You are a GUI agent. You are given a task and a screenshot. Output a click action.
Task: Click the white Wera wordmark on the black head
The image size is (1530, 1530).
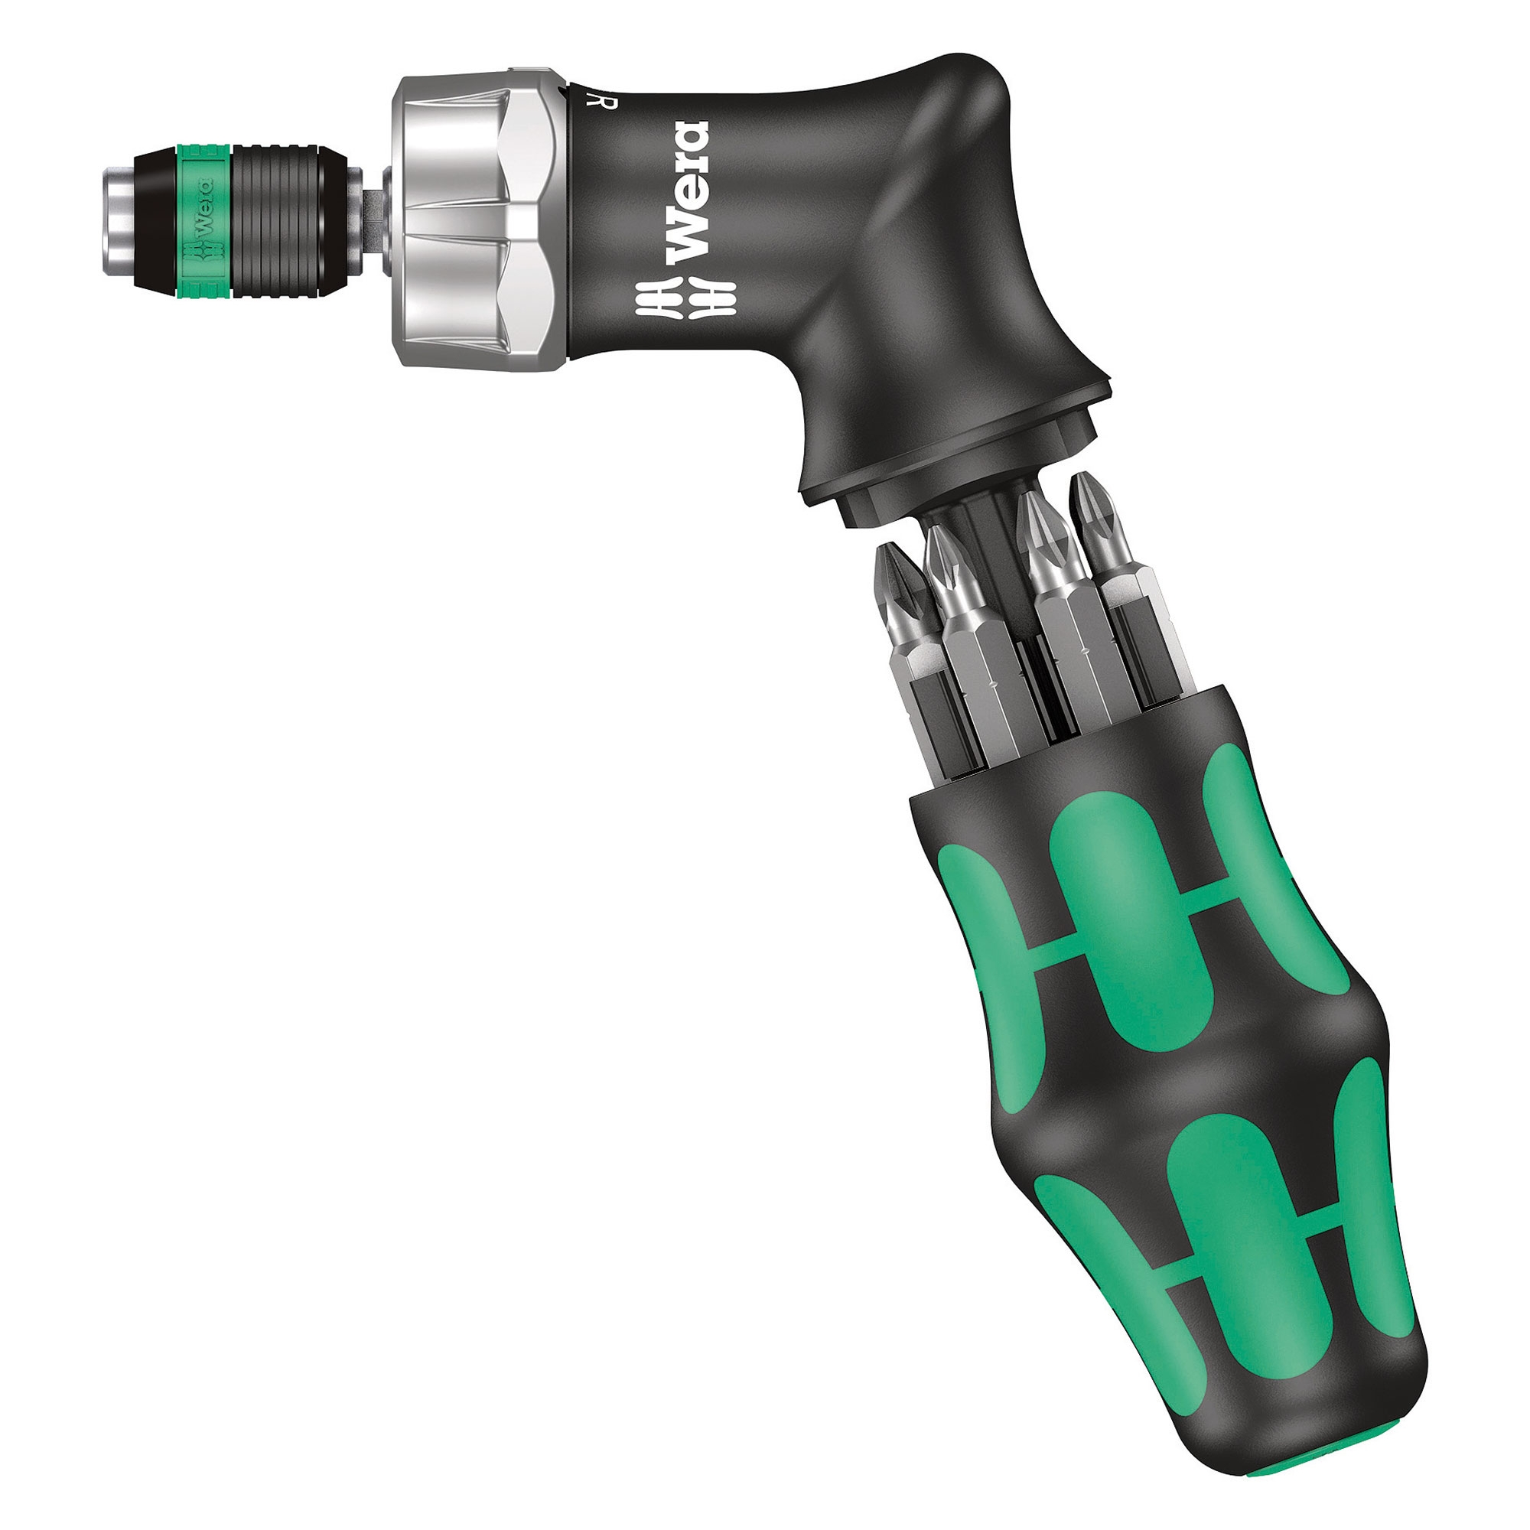pyautogui.click(x=687, y=192)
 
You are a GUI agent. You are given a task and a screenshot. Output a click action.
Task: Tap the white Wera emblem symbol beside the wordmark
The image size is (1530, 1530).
pyautogui.click(x=685, y=299)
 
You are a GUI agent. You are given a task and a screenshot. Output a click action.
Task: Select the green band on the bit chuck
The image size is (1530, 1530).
pyautogui.click(x=203, y=220)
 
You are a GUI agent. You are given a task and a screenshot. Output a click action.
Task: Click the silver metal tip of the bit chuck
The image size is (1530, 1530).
pyautogui.click(x=119, y=220)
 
